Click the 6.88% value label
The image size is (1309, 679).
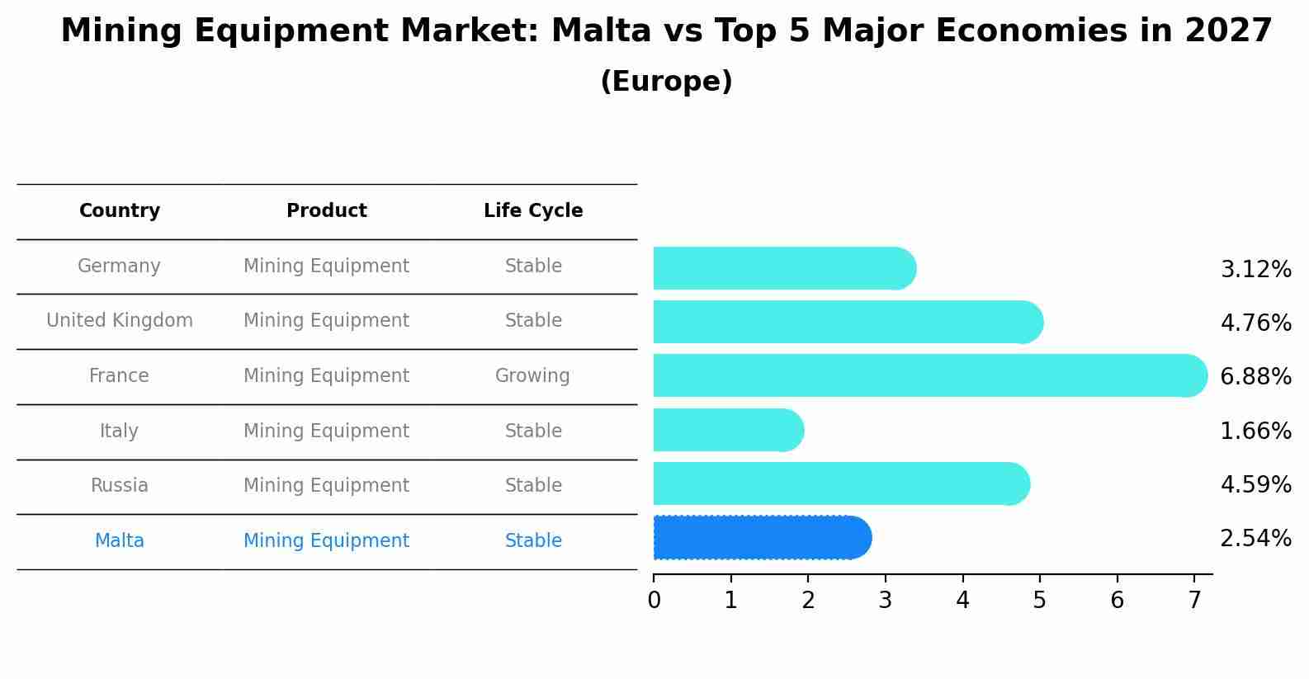pos(1255,377)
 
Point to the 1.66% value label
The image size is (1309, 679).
pos(1255,431)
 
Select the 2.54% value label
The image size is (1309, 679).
pos(1255,539)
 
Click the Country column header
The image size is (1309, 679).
pos(120,211)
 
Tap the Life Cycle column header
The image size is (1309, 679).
pos(533,211)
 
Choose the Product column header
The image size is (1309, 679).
pos(327,211)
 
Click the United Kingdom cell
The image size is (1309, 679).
pos(120,321)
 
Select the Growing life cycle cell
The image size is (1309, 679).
pos(532,376)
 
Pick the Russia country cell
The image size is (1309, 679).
pos(120,486)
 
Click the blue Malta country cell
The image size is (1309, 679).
pos(120,541)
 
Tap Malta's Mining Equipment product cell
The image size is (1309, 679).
pos(327,541)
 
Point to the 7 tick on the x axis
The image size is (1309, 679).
pos(1194,601)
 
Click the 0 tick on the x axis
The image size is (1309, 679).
pos(654,601)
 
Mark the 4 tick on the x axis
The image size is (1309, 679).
pos(962,601)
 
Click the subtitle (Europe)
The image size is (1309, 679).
pos(666,82)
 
